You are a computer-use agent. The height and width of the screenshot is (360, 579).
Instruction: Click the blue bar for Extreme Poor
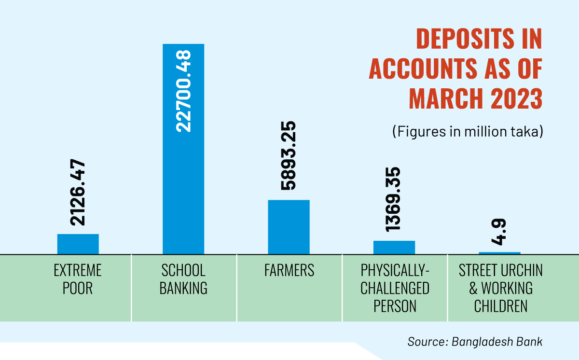(x=78, y=244)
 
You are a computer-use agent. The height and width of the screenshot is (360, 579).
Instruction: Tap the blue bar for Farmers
(x=289, y=227)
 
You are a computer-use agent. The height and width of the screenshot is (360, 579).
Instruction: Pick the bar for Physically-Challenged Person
(x=394, y=247)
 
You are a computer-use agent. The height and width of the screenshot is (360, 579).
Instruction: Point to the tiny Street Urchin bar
(x=499, y=253)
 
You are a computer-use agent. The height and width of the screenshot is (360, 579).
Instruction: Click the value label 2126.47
(x=78, y=193)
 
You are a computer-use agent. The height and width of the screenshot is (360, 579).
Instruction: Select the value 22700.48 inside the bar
(x=183, y=92)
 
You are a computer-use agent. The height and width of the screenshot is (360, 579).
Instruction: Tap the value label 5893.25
(x=289, y=155)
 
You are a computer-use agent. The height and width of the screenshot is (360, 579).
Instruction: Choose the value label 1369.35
(x=394, y=198)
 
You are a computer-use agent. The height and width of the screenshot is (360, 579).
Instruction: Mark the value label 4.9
(x=499, y=233)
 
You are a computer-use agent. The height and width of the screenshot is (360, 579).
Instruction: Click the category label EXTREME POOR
(x=78, y=279)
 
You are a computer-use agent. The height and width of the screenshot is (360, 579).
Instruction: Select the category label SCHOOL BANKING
(x=183, y=279)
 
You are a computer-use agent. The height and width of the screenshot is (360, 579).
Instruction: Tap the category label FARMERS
(x=289, y=271)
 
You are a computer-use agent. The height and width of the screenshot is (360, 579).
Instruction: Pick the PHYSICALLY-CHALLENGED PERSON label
(x=395, y=288)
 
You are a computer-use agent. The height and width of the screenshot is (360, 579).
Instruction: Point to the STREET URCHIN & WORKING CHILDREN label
(x=500, y=288)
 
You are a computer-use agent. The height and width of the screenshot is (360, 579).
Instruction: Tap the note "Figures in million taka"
(x=467, y=132)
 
